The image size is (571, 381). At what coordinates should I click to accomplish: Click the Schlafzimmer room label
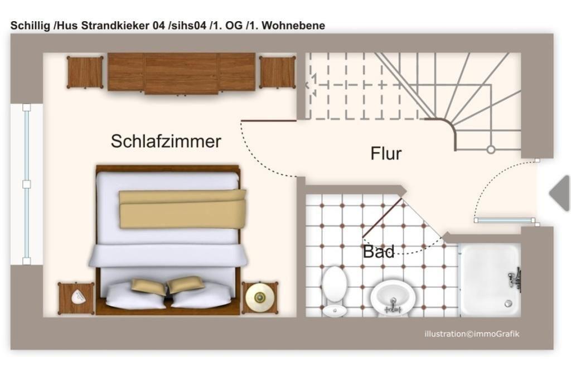point(166,141)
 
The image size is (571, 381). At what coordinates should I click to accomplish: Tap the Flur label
point(386,153)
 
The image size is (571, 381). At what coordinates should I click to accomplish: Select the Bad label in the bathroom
point(379,252)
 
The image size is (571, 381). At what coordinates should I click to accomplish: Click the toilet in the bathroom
point(335,290)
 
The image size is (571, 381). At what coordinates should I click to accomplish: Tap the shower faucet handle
point(516,277)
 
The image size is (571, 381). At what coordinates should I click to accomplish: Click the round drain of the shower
point(508,303)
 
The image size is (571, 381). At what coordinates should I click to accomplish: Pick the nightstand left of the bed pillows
point(76,298)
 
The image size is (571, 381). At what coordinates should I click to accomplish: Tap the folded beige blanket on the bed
point(182,209)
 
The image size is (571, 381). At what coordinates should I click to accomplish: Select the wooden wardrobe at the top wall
point(181,73)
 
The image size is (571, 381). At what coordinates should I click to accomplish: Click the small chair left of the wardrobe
point(85,73)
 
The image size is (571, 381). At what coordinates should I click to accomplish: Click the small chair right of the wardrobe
point(277,73)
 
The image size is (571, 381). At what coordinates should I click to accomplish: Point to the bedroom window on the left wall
point(27,184)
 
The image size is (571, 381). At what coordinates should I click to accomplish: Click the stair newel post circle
point(491,149)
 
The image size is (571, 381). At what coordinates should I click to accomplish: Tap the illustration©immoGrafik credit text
point(472,334)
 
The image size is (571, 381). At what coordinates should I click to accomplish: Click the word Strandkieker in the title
point(114,26)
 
